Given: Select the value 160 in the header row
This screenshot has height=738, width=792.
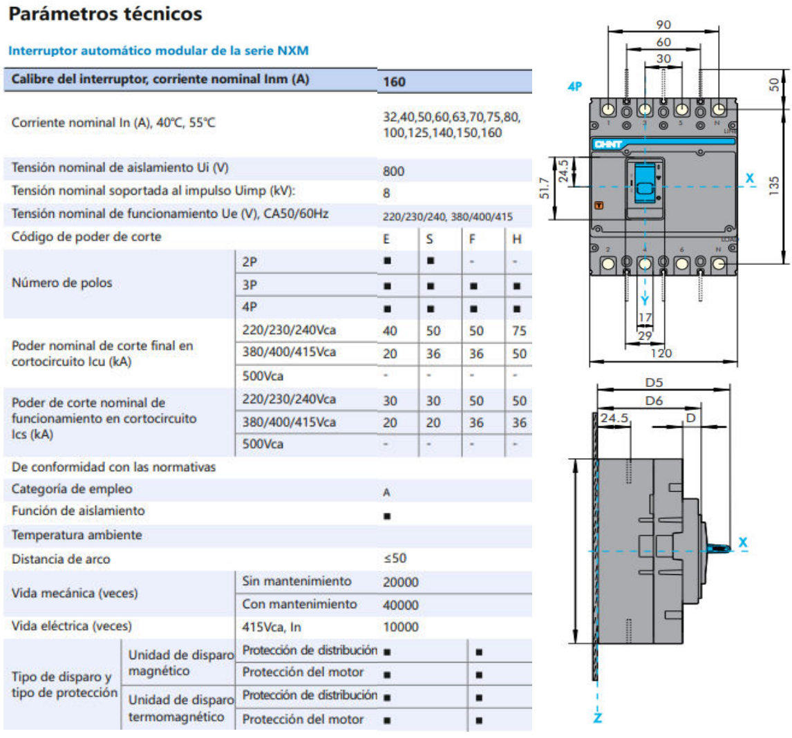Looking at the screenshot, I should [x=394, y=82].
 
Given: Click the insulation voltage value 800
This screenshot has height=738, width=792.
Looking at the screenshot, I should [x=393, y=171].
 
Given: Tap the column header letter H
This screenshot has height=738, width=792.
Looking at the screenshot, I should [x=516, y=239].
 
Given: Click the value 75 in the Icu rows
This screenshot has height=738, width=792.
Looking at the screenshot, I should [x=519, y=331].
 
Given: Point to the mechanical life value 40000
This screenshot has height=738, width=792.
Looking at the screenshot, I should [x=400, y=605].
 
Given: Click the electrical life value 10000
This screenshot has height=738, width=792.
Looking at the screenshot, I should [x=400, y=627].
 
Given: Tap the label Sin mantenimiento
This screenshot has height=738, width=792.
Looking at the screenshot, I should [x=296, y=581].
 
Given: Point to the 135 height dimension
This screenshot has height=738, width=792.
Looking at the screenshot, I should [x=774, y=185].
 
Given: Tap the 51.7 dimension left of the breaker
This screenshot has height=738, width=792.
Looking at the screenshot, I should [x=545, y=188].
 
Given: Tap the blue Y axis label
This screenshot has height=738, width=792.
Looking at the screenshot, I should [x=644, y=301].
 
